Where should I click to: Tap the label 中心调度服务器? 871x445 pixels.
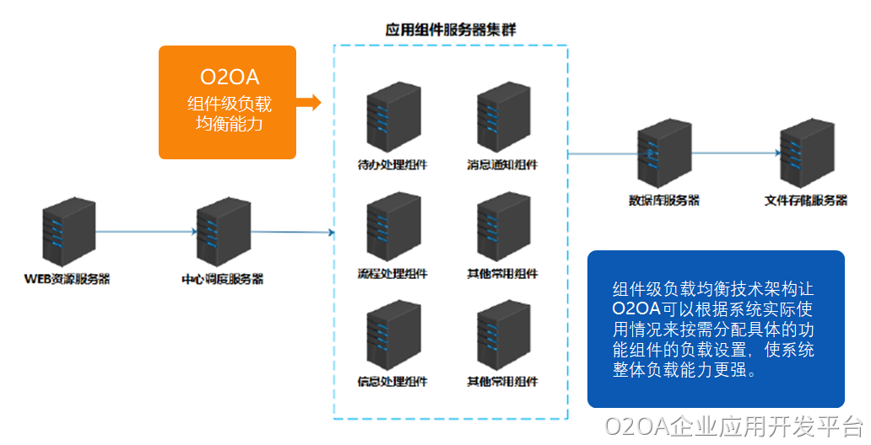[x=222, y=278]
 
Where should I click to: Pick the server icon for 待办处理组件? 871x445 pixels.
[x=392, y=119]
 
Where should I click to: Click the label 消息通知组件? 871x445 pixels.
[x=503, y=164]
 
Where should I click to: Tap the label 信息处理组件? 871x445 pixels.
[x=392, y=381]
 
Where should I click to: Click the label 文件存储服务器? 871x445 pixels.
[x=806, y=201]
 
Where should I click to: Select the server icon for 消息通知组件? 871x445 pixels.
[x=503, y=119]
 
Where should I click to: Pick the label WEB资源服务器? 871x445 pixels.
[x=68, y=278]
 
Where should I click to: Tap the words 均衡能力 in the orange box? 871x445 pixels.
[x=229, y=124]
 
